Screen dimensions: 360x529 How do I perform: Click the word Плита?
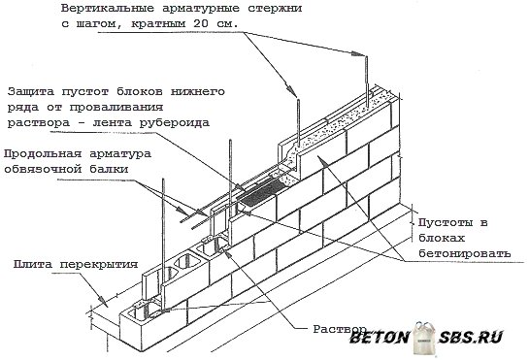pos(35,264)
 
